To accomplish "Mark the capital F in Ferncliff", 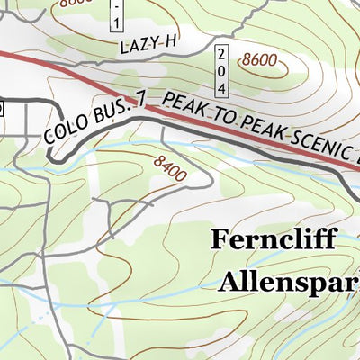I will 219,238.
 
